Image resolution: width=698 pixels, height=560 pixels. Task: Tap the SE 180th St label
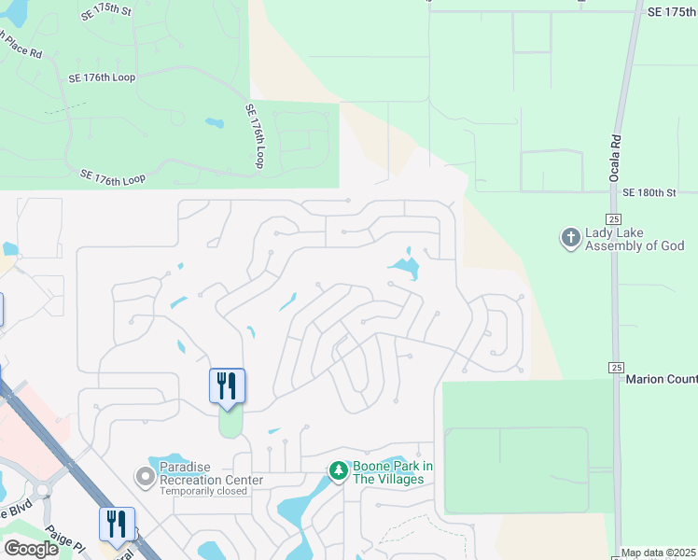(x=648, y=192)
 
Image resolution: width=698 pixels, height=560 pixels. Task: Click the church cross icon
(x=570, y=239)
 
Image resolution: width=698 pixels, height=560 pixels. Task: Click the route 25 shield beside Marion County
(x=615, y=368)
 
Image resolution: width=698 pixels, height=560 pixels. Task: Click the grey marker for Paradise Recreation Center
(x=145, y=478)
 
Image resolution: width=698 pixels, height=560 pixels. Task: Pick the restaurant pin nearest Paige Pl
(x=118, y=525)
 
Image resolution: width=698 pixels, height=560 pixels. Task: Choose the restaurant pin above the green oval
(x=227, y=385)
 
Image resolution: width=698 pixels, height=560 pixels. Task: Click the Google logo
(x=31, y=549)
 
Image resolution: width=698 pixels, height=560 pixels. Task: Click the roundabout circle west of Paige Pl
(x=43, y=489)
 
